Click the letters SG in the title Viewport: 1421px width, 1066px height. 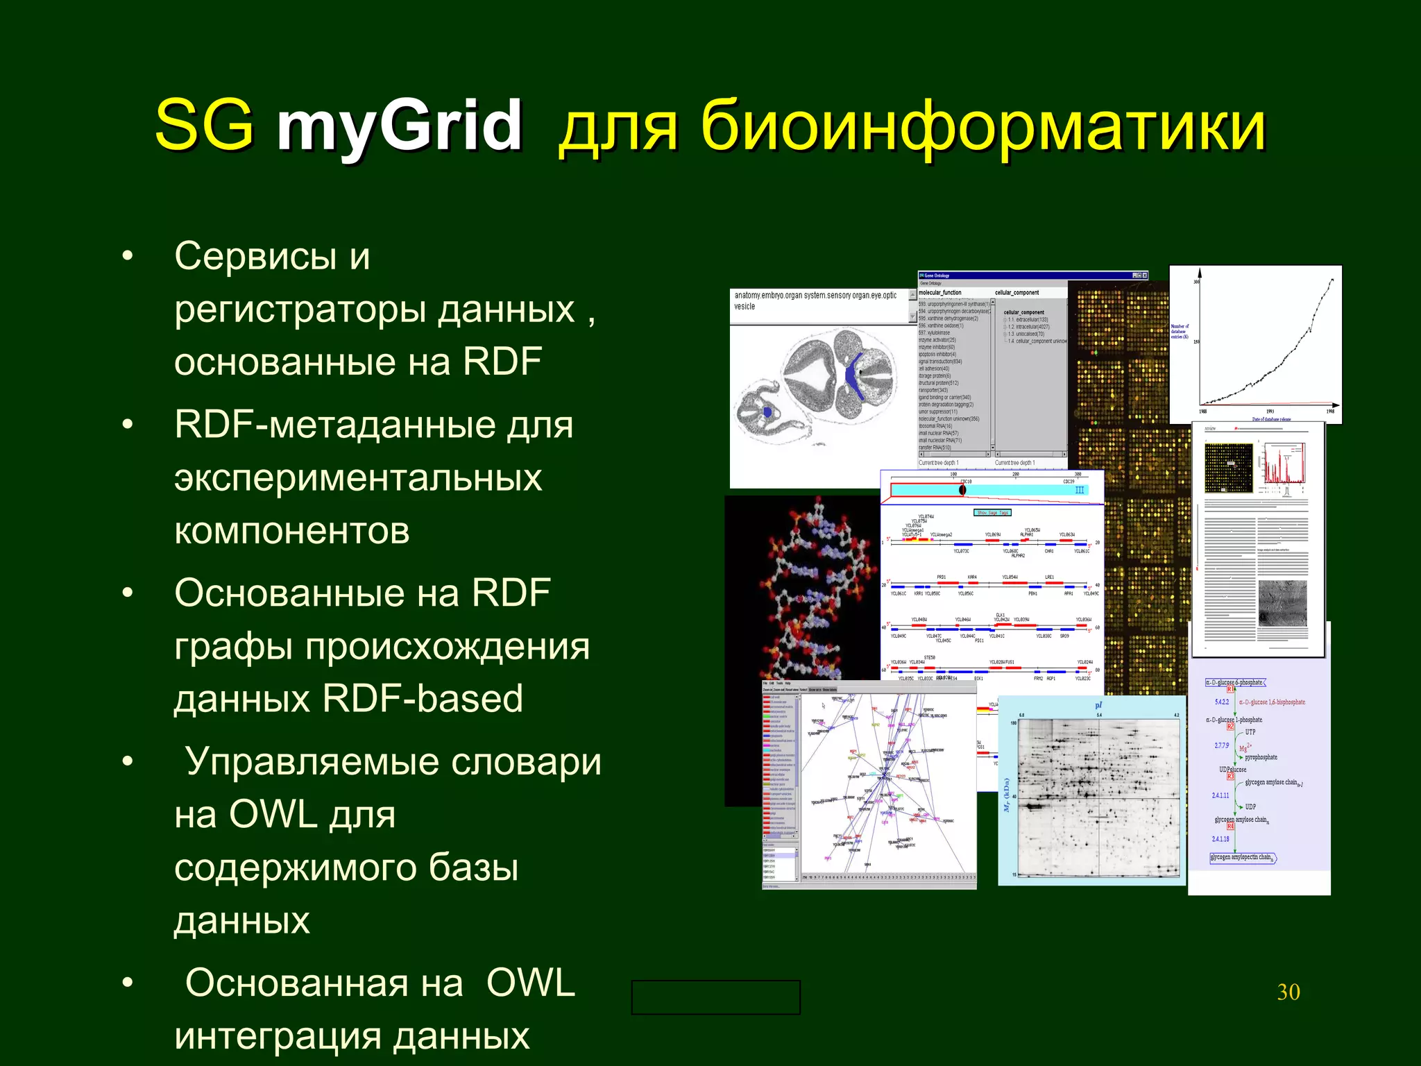(204, 125)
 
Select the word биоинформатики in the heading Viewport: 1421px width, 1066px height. (983, 126)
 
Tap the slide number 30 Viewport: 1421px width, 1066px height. (1288, 992)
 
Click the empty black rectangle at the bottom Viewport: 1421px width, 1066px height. (715, 997)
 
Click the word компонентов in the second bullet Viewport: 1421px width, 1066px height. (291, 531)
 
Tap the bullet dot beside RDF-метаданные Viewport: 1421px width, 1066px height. (127, 424)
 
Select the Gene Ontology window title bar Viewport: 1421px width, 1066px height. (1027, 276)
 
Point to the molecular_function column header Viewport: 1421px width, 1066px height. (940, 293)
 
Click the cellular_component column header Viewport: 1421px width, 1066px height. (1017, 293)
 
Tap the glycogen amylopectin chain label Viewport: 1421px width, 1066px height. (1241, 857)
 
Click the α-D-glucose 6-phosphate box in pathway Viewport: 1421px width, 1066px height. (1234, 682)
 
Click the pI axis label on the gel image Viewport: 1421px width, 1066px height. (1098, 706)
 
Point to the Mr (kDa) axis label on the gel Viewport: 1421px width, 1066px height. (1006, 795)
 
